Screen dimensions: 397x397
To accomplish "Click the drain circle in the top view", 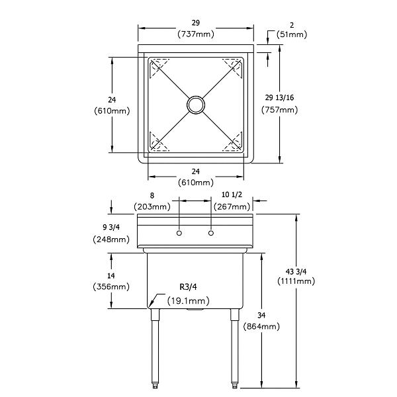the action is coord(196,97).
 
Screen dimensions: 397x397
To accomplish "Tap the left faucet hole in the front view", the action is coord(179,233).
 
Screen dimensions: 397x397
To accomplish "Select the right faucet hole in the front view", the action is coord(211,233).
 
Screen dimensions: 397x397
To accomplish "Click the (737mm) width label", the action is coord(196,34).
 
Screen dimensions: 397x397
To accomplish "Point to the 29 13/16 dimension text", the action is coord(279,97).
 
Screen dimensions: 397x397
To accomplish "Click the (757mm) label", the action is coord(279,110).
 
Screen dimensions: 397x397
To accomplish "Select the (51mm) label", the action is coord(292,34).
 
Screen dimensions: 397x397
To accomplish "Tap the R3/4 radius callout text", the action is coord(189,287).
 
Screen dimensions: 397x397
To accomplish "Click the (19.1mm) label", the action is coord(189,301).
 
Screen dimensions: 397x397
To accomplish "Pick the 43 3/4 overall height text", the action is coord(296,272).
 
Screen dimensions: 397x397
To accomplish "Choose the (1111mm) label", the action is coord(296,281).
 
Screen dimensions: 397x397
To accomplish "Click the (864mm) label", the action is coord(261,326).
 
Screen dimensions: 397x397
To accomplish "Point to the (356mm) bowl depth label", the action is coord(111,287).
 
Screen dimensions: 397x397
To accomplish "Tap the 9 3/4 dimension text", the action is coord(111,228).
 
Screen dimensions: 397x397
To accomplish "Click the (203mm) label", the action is coord(152,207).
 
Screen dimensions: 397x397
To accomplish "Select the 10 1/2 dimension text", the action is coord(232,195).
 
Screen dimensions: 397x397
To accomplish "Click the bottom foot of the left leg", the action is coord(155,392).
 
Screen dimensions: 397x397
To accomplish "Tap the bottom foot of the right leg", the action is coord(235,392).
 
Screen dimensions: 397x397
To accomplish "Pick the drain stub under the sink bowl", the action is coord(195,310).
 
